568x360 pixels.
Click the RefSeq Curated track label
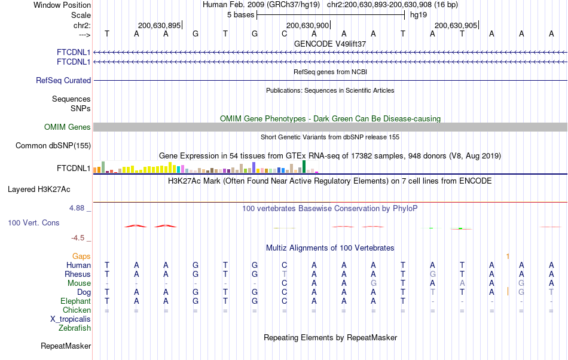tap(63, 80)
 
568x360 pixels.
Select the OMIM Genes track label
tap(67, 127)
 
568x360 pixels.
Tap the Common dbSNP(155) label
tap(53, 145)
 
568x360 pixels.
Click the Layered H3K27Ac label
tap(39, 190)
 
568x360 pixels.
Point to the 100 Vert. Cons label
tap(33, 222)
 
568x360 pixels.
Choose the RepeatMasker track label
tap(66, 346)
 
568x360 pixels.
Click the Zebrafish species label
tap(74, 328)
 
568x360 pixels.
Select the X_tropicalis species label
tap(71, 319)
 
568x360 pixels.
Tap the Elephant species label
tap(75, 301)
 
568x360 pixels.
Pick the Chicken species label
tap(77, 310)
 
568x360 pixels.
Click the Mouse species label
tap(79, 283)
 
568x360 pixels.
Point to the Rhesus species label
tap(77, 274)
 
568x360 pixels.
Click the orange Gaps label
tap(81, 256)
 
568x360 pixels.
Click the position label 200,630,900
tap(307, 25)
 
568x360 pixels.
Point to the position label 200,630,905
tap(456, 25)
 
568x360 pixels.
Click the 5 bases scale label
tap(240, 14)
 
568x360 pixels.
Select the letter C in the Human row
tap(285, 265)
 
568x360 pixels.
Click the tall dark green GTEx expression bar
tap(304, 167)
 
